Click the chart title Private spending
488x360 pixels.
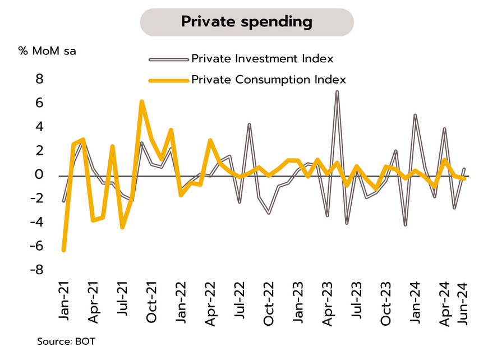246,22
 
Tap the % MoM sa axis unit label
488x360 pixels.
47,51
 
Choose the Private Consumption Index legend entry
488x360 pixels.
269,80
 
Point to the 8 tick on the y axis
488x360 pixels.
39,80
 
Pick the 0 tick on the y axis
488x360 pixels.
39,175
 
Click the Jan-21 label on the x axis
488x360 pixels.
65,303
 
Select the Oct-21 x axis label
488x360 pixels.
151,303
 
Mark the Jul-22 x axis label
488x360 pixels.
240,303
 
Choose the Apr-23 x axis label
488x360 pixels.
328,303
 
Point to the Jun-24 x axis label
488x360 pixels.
464,303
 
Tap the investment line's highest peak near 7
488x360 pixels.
337,91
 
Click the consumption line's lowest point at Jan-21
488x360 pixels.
64,250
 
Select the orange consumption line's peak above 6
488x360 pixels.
141,101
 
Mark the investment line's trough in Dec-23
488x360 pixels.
405,225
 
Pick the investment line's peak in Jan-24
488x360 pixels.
415,115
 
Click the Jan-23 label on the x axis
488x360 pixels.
298,303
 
